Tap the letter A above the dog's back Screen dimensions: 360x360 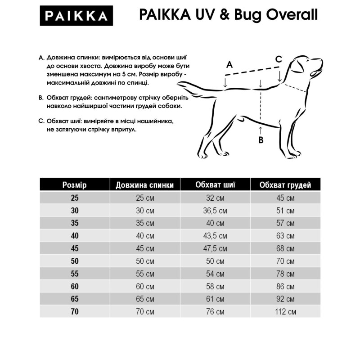click(x=229, y=64)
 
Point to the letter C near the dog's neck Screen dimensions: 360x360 click(x=279, y=59)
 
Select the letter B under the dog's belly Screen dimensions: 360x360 click(x=261, y=139)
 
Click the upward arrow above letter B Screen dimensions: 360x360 click(x=261, y=130)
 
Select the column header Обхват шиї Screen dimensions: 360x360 click(x=216, y=184)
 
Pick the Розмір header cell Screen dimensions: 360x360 click(x=74, y=185)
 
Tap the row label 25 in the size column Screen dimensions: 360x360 click(x=74, y=198)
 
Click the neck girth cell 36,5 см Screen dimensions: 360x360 click(x=216, y=210)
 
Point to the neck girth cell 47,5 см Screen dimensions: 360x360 click(x=216, y=248)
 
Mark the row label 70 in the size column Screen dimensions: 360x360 click(x=74, y=311)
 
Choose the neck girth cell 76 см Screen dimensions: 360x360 click(x=216, y=311)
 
